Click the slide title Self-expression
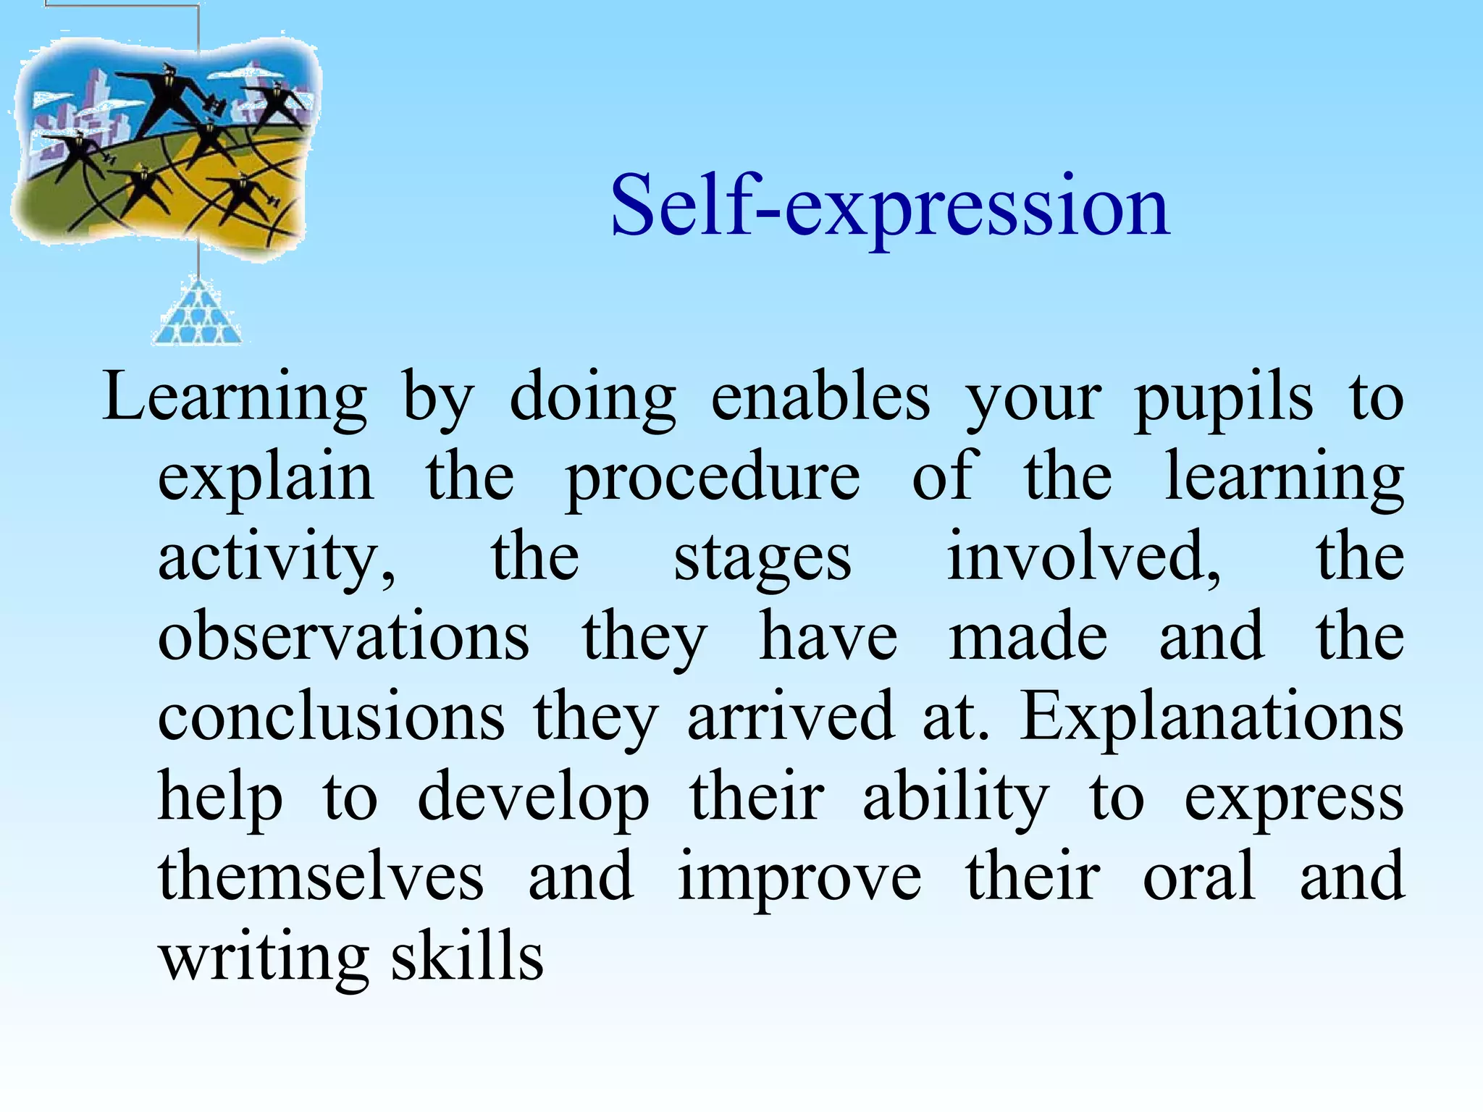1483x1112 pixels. coord(889,207)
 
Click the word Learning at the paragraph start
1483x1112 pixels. coord(235,399)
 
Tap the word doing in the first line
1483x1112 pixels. coord(592,399)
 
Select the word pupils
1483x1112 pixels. coord(1222,399)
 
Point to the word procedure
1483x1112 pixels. coord(713,479)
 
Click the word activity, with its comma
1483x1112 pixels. coord(277,558)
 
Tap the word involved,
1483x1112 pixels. coord(1083,557)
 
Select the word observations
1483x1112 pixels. coord(343,636)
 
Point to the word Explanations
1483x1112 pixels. coord(1211,717)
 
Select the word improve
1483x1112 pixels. coord(799,877)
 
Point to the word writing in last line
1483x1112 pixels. coord(264,957)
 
